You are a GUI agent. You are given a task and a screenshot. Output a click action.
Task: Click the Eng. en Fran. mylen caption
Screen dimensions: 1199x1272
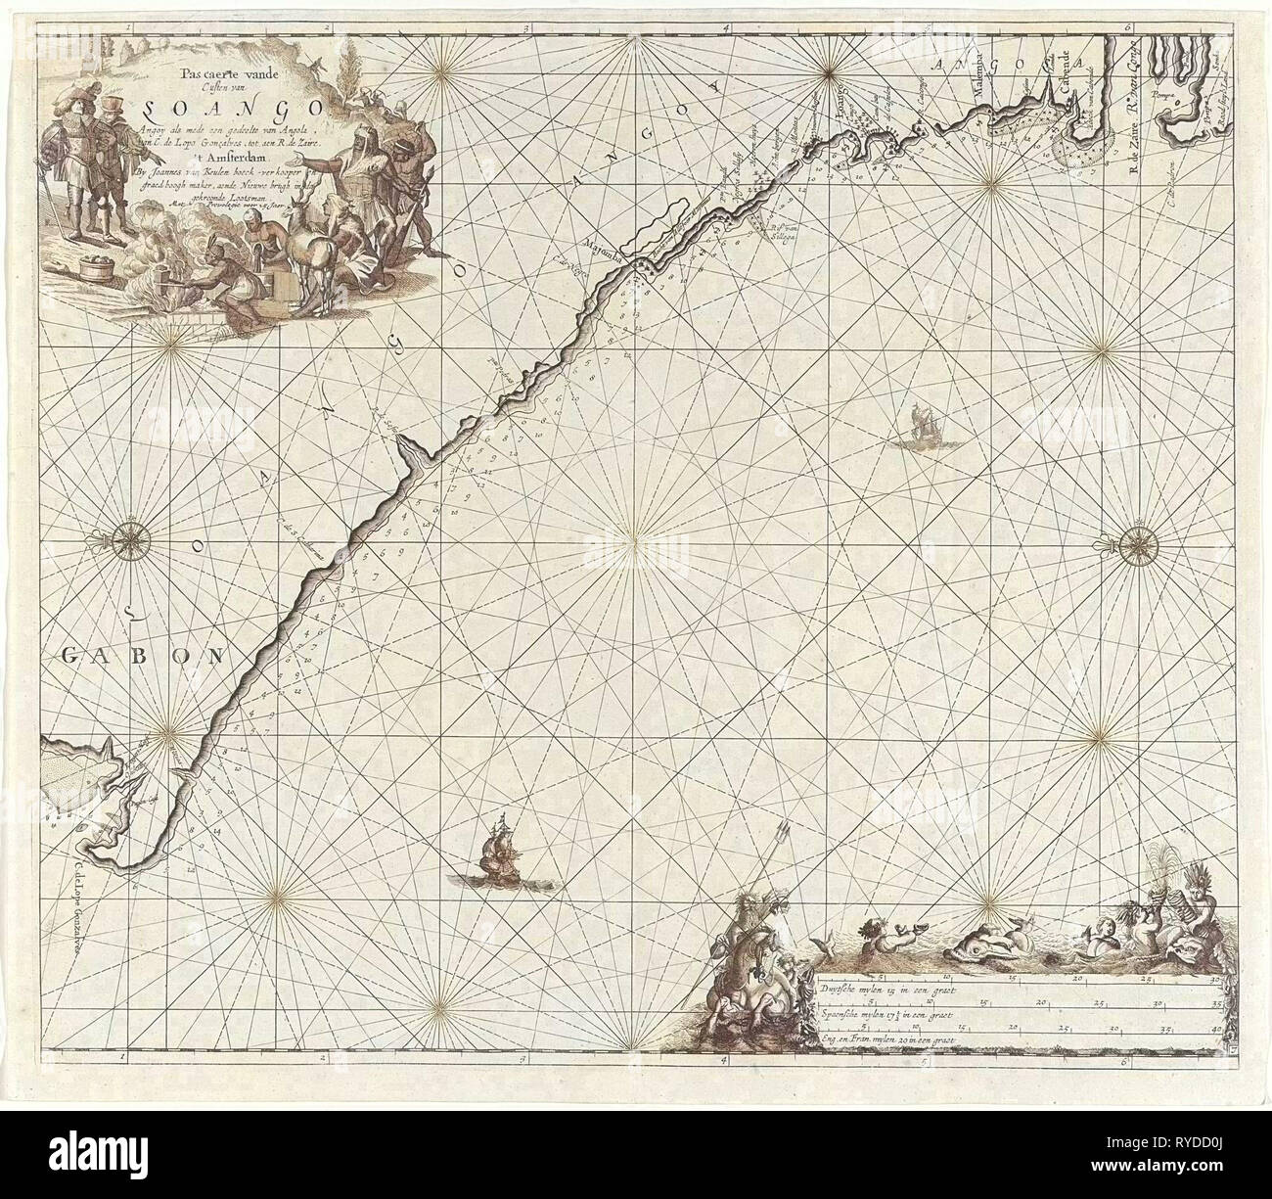tap(884, 1038)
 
